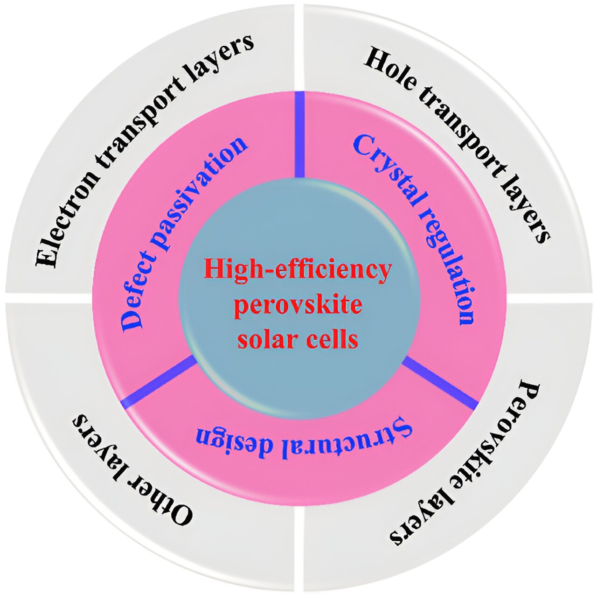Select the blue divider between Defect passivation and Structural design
[159, 380]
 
